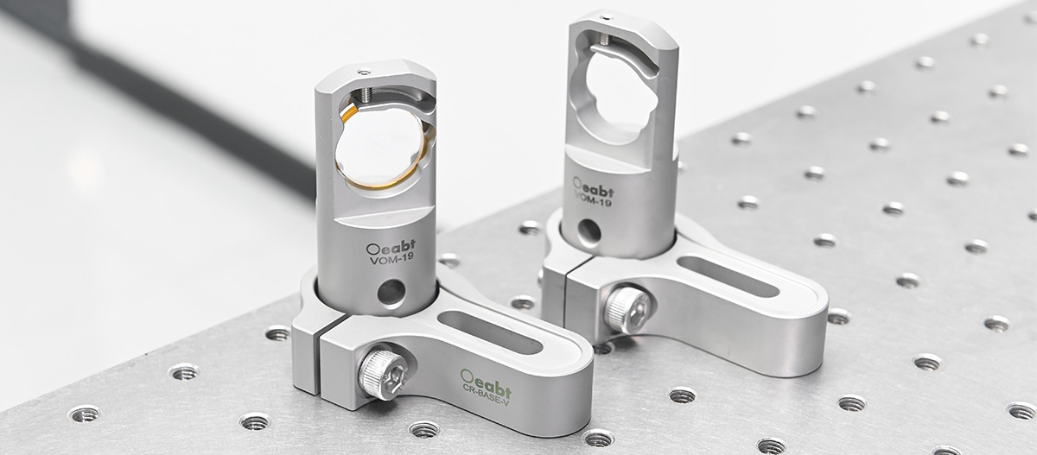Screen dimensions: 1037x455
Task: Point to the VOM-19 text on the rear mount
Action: pos(593,199)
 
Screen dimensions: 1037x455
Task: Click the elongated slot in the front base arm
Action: pos(490,332)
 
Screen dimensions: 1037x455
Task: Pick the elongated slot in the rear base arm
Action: pos(728,276)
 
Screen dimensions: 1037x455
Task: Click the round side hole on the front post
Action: pos(391,294)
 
